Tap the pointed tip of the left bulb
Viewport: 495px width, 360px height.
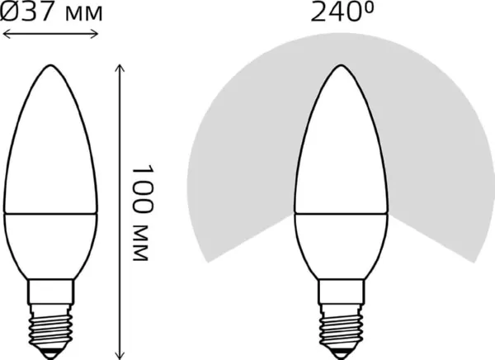click(x=50, y=65)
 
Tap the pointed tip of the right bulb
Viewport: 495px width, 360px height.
click(x=341, y=65)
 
